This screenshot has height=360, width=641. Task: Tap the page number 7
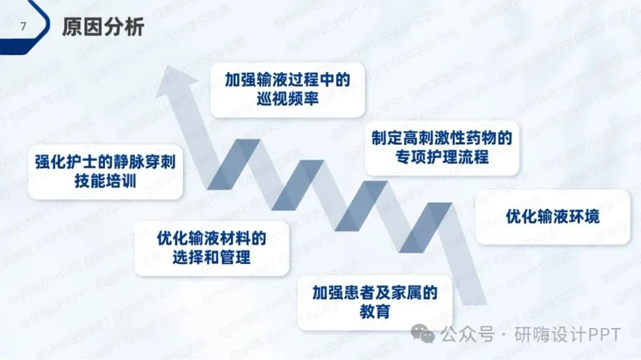click(x=23, y=27)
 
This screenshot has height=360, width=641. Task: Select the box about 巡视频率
click(x=288, y=89)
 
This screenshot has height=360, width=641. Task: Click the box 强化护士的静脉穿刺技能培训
click(x=106, y=171)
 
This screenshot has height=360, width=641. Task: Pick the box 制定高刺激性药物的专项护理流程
click(x=442, y=148)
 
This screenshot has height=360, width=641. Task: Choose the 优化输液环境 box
click(x=553, y=216)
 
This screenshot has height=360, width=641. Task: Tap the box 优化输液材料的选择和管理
click(x=212, y=248)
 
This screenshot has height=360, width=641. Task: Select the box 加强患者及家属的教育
click(x=375, y=302)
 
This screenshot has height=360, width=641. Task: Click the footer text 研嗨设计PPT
click(x=568, y=335)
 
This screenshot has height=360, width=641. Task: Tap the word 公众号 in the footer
click(x=467, y=335)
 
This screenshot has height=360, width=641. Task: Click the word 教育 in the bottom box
click(x=375, y=311)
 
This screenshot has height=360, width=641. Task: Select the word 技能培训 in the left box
click(x=106, y=181)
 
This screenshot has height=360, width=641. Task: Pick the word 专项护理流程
click(x=442, y=158)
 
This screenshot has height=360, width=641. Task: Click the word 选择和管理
click(x=212, y=257)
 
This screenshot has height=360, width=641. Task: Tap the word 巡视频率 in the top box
click(x=288, y=98)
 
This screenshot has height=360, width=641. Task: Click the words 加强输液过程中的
click(x=288, y=79)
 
